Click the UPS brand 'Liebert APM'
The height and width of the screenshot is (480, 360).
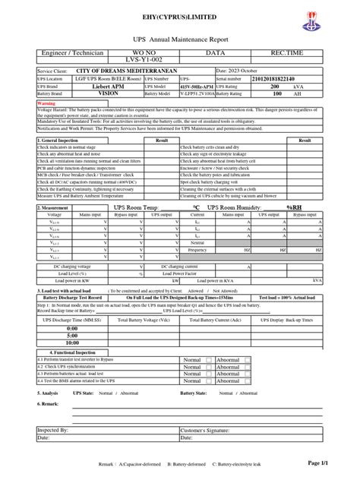tap(113, 87)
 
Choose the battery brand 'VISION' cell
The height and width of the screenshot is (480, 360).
tap(113, 94)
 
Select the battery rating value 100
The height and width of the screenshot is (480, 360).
tap(276, 94)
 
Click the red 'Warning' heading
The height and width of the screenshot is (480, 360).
tap(46, 103)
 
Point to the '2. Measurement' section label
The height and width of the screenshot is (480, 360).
tap(55, 207)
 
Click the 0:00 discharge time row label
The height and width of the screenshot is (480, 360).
tap(72, 328)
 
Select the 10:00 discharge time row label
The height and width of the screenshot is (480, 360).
tap(72, 343)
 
